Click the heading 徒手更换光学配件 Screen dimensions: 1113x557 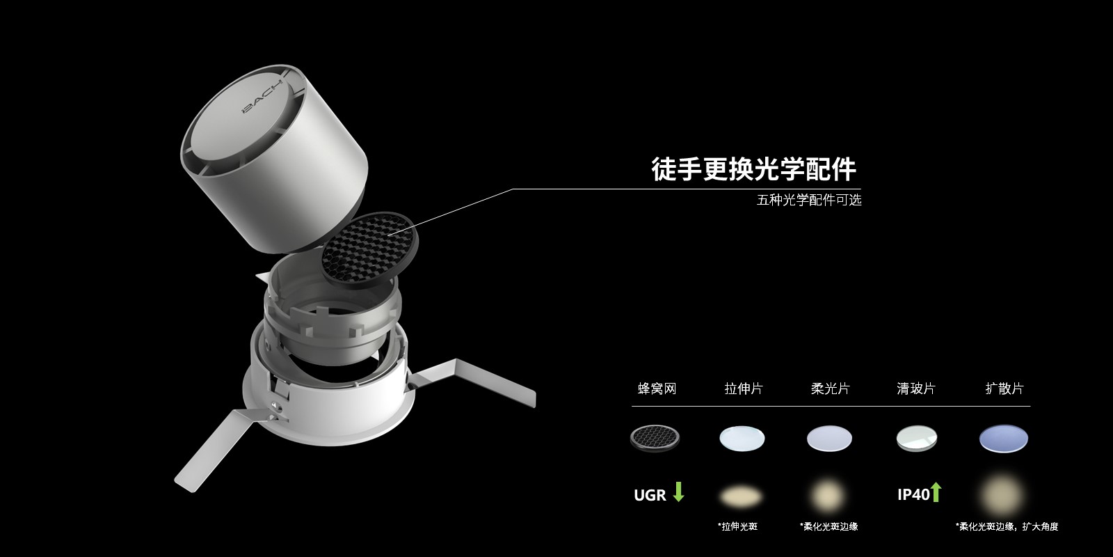click(x=754, y=169)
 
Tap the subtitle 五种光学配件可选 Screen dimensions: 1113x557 click(x=809, y=200)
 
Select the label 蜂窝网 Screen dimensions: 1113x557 click(x=657, y=389)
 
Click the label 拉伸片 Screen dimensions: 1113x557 click(x=744, y=389)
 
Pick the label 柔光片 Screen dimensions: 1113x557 click(x=831, y=389)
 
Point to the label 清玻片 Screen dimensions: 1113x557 click(x=916, y=389)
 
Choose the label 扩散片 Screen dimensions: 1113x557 click(x=1004, y=389)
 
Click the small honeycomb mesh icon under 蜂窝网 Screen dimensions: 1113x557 click(x=655, y=438)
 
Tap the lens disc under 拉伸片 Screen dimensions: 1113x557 click(x=742, y=439)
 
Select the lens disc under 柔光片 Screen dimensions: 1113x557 click(x=829, y=439)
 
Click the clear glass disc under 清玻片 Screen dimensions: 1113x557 click(x=917, y=439)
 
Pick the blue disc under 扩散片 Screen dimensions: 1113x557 click(x=1004, y=439)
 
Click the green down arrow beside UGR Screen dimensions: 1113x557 click(x=678, y=492)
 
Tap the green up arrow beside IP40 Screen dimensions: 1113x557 click(x=936, y=492)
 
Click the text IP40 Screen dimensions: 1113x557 click(x=913, y=494)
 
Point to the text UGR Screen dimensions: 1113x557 click(x=650, y=495)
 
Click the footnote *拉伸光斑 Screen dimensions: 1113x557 click(x=737, y=526)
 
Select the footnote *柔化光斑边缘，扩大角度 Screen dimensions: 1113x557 click(x=1007, y=526)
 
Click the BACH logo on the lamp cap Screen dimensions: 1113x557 click(x=262, y=97)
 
